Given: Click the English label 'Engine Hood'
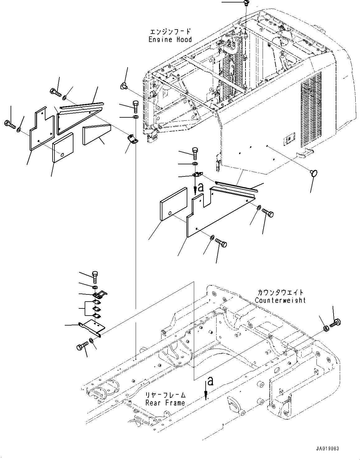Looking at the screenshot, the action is click(x=170, y=40).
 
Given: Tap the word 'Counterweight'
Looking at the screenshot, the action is click(x=280, y=300).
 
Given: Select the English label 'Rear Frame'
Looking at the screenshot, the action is click(x=165, y=403).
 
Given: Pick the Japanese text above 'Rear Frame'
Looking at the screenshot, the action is click(x=165, y=395).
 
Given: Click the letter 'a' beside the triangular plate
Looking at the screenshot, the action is click(x=201, y=187).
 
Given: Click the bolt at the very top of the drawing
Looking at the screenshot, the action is click(x=246, y=3).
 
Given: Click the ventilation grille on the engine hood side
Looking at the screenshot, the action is click(x=311, y=110).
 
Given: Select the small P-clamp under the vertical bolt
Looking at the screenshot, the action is click(x=133, y=139).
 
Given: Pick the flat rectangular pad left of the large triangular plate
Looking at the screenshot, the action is click(x=174, y=204).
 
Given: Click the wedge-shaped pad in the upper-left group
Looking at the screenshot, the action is click(x=97, y=134).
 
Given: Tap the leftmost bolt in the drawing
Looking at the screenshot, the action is click(x=10, y=124).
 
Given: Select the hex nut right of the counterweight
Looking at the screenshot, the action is click(x=326, y=329).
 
